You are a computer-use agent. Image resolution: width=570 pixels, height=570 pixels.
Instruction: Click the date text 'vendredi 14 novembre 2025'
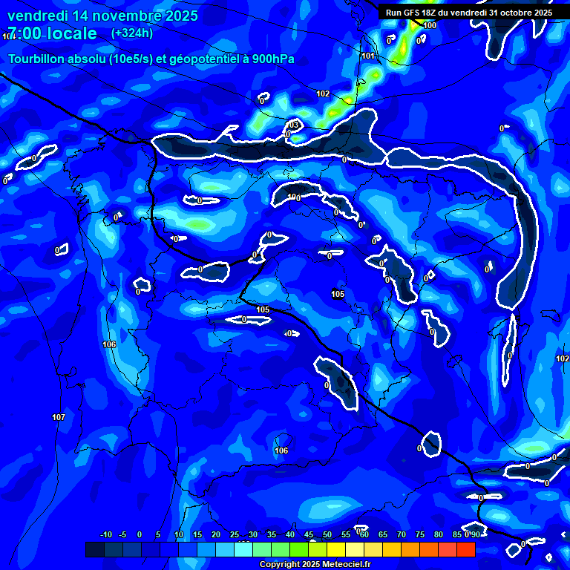(102, 16)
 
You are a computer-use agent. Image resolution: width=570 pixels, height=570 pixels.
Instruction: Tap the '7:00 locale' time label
(52, 33)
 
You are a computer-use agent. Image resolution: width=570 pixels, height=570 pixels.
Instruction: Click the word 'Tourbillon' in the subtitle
(37, 59)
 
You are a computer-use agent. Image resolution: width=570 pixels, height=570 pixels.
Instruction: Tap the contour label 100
(430, 25)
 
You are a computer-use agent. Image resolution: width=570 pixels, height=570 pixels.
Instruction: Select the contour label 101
(368, 56)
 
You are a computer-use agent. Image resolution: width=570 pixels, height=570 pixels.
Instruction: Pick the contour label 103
(294, 124)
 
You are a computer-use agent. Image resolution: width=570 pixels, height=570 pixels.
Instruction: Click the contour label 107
(59, 417)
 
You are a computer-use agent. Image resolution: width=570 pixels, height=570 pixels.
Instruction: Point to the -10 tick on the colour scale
(105, 535)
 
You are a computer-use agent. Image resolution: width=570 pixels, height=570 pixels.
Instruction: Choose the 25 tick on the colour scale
(235, 535)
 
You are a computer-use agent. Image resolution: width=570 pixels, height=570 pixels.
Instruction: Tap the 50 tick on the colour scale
(327, 535)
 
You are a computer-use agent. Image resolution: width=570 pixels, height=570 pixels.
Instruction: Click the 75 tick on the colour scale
(419, 535)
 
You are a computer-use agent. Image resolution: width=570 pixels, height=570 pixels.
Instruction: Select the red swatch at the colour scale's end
(466, 550)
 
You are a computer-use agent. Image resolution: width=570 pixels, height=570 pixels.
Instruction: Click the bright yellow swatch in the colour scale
(336, 550)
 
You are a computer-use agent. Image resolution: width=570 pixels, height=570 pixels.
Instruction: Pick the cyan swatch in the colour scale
(243, 550)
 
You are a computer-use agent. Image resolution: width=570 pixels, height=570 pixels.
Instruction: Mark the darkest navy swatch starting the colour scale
(95, 550)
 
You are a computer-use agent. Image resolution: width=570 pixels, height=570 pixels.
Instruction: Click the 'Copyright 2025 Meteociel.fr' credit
(315, 564)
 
